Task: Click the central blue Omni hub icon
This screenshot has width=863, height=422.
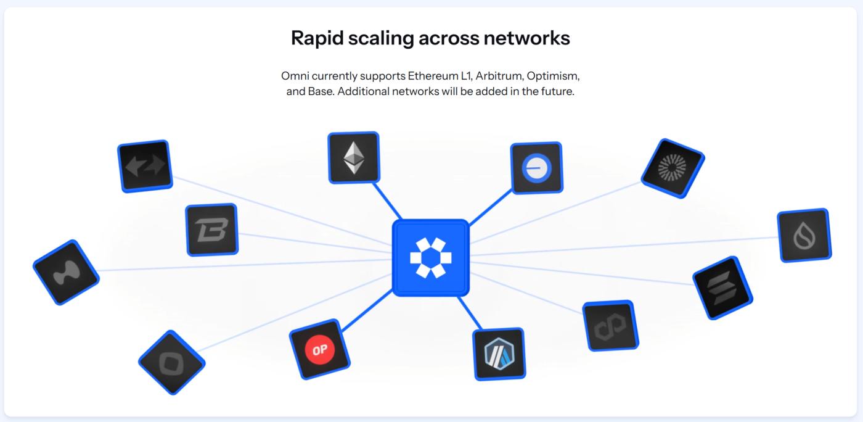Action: coord(431,257)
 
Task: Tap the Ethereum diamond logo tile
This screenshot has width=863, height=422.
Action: coord(353,157)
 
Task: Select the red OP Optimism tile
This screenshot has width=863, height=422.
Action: coord(319,350)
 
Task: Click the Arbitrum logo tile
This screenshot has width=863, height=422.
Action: coord(499,354)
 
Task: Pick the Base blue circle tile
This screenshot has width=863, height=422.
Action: coord(536,168)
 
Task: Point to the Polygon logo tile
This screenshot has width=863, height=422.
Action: coord(610,326)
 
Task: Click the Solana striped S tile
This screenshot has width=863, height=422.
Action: coord(724,288)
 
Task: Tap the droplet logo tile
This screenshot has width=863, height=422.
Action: coord(804,236)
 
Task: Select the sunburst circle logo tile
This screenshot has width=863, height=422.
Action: coord(673,168)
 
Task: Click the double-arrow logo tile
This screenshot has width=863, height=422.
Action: coord(145,166)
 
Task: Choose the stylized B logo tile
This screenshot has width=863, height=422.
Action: coord(211,230)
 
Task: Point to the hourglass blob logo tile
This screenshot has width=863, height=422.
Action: coord(66,272)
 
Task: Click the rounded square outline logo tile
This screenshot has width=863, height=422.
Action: coord(171,362)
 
